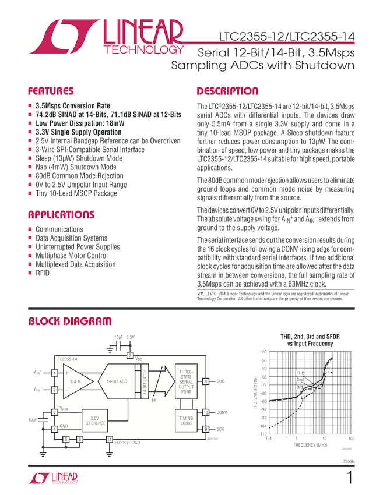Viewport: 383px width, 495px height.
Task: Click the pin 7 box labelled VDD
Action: tap(130, 355)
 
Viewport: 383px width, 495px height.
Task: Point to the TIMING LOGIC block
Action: tap(186, 420)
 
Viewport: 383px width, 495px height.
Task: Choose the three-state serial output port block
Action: tap(186, 381)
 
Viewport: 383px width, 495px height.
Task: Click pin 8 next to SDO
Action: tap(206, 381)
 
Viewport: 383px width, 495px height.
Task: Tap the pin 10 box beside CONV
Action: tap(206, 412)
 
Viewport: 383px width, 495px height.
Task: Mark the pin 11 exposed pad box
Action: tap(109, 439)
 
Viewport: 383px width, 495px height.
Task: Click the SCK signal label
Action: tap(220, 429)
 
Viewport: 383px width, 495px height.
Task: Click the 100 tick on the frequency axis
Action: tap(351, 438)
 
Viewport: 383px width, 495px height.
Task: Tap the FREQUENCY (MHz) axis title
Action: tap(310, 445)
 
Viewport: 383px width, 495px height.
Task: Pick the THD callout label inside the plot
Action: tap(301, 373)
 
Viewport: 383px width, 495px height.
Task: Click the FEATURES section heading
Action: tap(51, 91)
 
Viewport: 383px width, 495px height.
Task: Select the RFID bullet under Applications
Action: tap(42, 273)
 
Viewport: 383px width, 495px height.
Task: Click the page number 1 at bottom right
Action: tap(349, 479)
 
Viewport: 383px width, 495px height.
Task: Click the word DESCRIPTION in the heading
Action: tap(227, 91)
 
